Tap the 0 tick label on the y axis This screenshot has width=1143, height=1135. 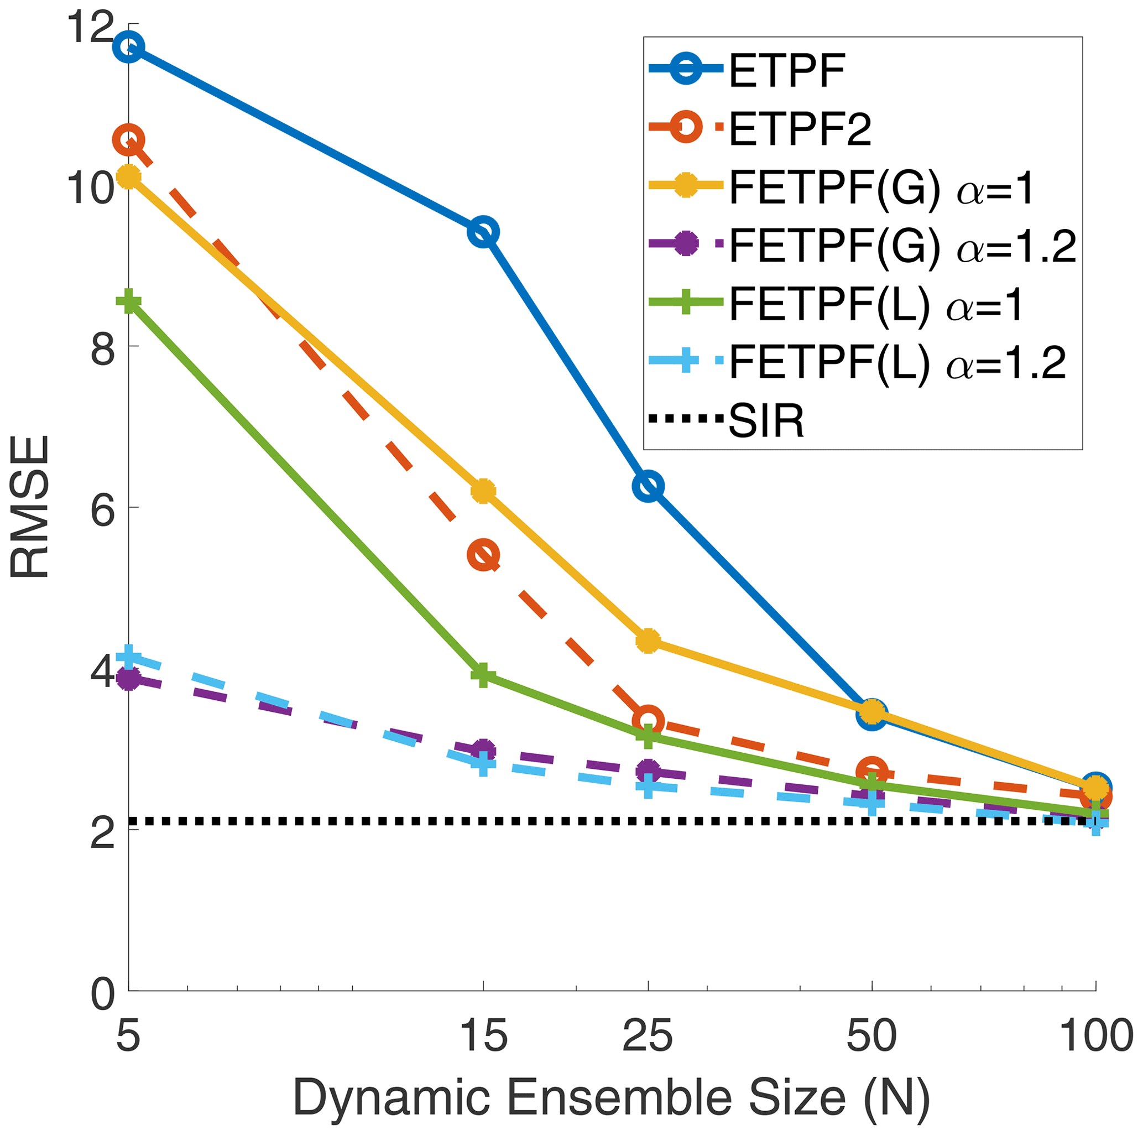[102, 993]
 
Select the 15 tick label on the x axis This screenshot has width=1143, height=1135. [483, 1035]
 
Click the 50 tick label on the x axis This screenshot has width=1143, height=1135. [871, 1035]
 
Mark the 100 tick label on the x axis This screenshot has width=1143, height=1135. [1095, 1035]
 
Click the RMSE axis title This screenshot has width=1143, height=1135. [29, 507]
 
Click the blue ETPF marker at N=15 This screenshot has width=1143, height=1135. [483, 232]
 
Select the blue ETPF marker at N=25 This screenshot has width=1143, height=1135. [649, 486]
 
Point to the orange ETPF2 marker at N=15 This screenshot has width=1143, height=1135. [483, 555]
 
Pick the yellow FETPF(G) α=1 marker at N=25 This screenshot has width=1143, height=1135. [649, 641]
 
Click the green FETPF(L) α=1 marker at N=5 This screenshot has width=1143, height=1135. [129, 302]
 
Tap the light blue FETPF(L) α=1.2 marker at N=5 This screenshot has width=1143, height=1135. [129, 657]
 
